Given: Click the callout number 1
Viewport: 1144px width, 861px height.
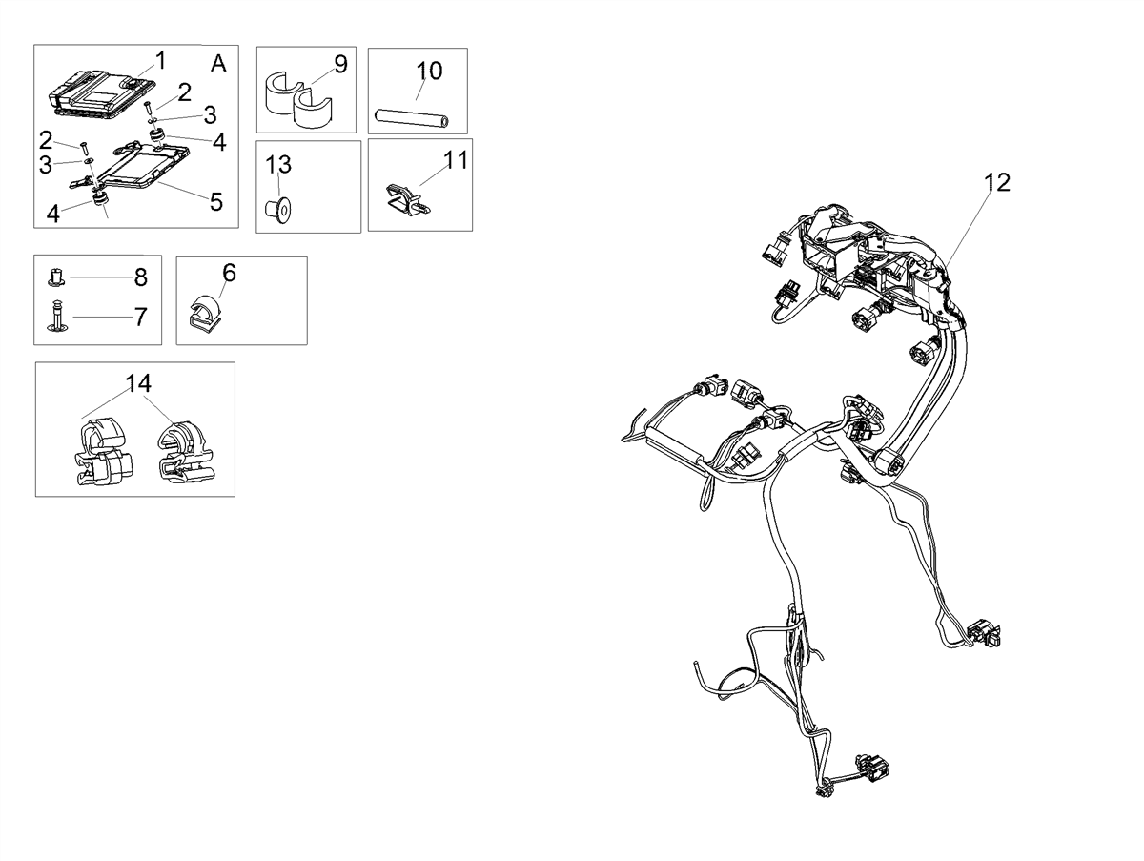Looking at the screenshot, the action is [x=161, y=60].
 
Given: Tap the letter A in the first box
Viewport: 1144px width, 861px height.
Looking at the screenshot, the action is [x=219, y=64].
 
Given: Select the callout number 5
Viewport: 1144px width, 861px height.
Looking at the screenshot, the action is [x=216, y=202].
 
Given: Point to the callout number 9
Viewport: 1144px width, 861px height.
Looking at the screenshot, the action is [x=340, y=64].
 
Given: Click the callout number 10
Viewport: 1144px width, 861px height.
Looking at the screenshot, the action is [x=429, y=71].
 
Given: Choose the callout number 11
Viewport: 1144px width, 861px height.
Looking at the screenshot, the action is [x=456, y=160].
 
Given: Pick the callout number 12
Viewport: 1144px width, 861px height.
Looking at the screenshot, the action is [x=997, y=182].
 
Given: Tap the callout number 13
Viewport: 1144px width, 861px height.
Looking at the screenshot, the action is [x=278, y=165].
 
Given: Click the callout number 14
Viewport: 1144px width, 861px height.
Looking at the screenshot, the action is [x=138, y=383].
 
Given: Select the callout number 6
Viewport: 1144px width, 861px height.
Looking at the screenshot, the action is [x=230, y=273].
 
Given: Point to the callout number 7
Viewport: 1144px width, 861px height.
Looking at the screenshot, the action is [x=141, y=317].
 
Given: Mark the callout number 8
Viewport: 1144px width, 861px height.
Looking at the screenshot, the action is [x=141, y=277].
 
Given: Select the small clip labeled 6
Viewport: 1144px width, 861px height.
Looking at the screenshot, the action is [x=205, y=313].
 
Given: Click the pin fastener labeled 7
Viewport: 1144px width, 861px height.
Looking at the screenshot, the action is [x=57, y=316].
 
